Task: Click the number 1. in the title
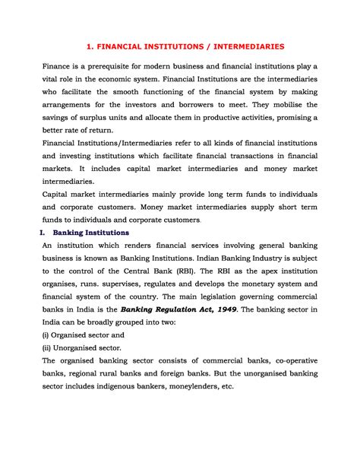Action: (x=90, y=46)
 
